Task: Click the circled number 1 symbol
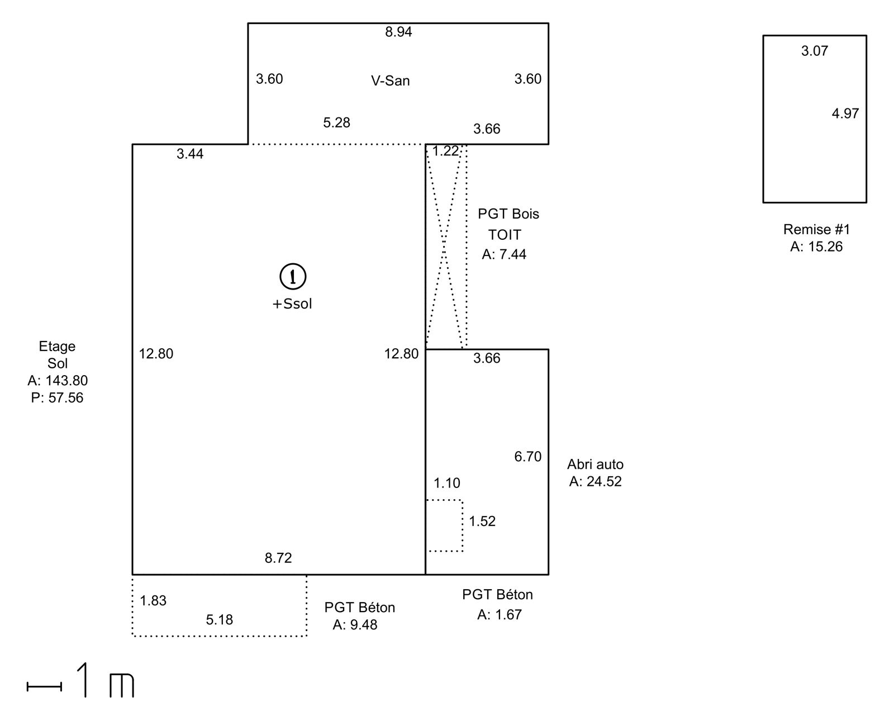pos(293,277)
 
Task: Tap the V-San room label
pos(390,80)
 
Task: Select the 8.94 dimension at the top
pos(398,32)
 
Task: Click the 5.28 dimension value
pos(336,122)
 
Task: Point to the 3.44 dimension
pos(190,154)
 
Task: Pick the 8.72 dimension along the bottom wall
pos(278,558)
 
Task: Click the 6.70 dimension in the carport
pos(527,457)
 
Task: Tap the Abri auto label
pos(595,464)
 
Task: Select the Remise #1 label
pos(816,229)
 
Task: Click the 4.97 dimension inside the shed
pos(845,113)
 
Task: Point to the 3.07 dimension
pos(814,51)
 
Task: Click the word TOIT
pos(505,235)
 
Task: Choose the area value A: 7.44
pos(504,254)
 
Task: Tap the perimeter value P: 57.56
pos(57,398)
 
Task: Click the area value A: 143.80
pos(58,380)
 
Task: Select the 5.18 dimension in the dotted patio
pos(220,620)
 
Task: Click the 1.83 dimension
pos(153,601)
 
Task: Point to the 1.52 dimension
pos(482,522)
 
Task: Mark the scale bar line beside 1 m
pos(45,686)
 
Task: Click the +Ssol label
pos(292,304)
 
